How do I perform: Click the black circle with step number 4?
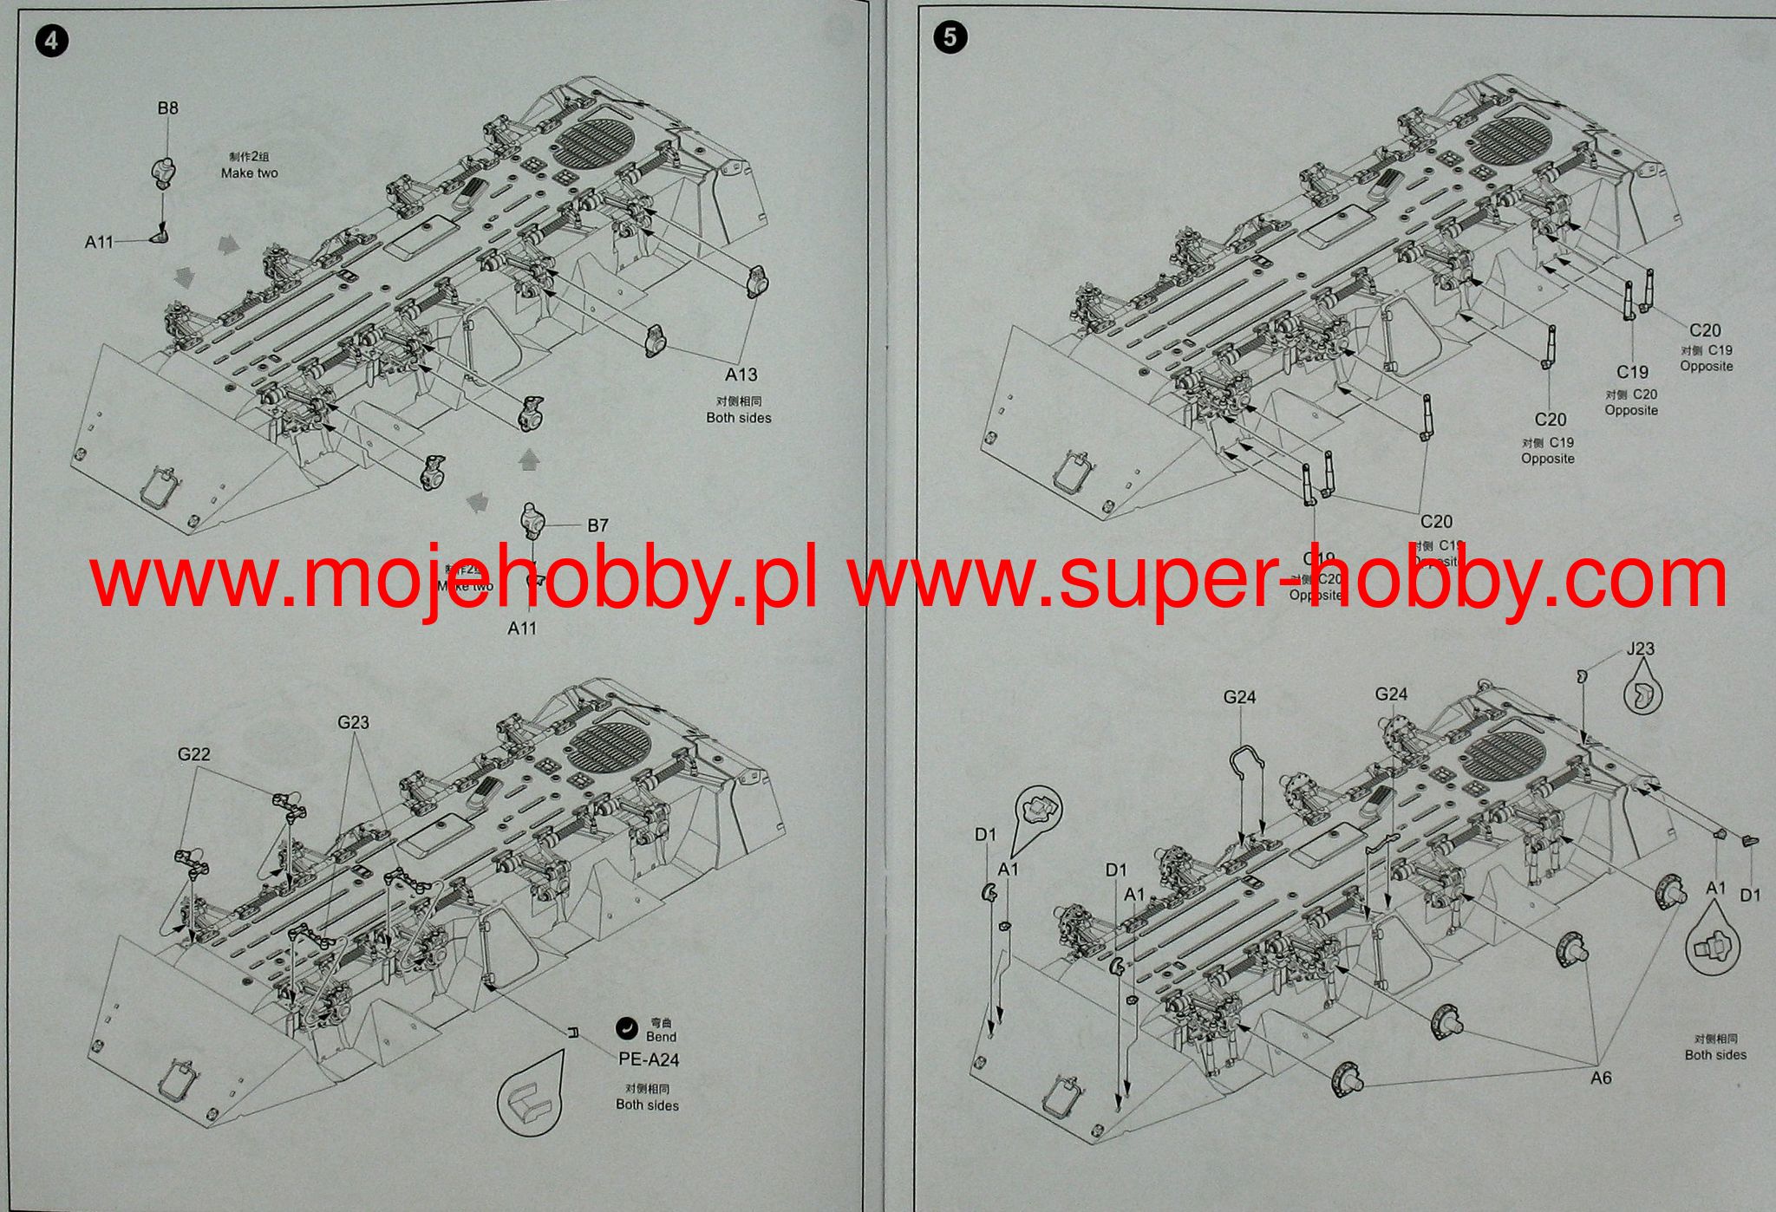(53, 41)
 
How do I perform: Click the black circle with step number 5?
(951, 37)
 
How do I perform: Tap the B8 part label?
(167, 108)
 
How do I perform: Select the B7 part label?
(597, 525)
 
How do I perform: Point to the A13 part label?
(741, 375)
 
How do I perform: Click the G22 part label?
(193, 754)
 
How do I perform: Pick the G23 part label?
(353, 722)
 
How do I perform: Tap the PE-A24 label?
(649, 1059)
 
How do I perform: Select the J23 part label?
(1640, 648)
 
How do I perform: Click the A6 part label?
(1601, 1078)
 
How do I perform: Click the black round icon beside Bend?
(626, 1029)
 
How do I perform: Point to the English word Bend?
(661, 1037)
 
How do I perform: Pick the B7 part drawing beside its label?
(532, 521)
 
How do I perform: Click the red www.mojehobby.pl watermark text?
(453, 577)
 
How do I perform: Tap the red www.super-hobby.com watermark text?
(1288, 577)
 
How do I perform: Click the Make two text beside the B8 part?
(249, 173)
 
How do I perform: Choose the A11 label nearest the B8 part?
(99, 242)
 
